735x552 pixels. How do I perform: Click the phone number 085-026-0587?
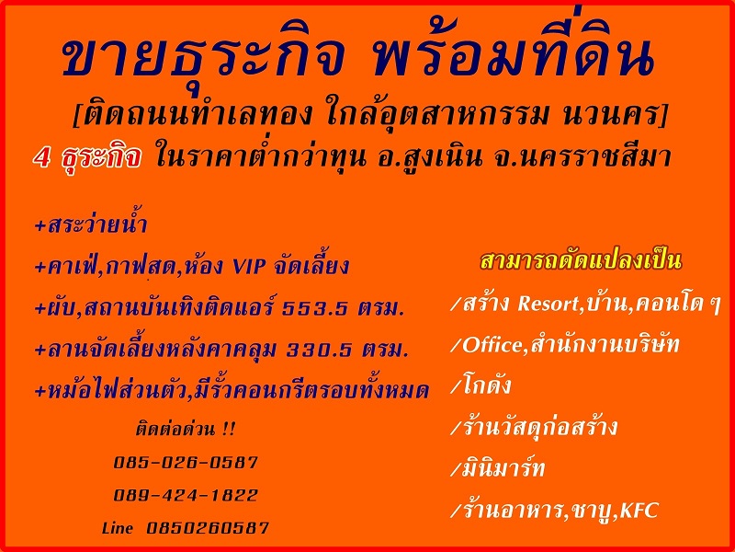186,463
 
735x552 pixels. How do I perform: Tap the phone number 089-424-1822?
186,495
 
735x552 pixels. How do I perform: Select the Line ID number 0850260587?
208,528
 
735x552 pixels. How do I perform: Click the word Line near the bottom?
118,528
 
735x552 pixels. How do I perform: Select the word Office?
492,346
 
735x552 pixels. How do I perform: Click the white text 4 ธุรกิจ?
87,157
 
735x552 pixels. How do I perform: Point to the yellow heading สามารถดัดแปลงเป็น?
581,261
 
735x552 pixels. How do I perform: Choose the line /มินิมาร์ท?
497,469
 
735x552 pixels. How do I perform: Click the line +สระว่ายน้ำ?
91,224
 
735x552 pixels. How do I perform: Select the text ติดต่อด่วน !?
186,429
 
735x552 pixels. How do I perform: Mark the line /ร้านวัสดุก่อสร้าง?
534,427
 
